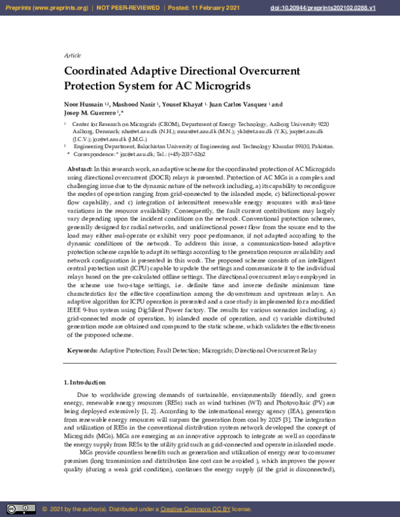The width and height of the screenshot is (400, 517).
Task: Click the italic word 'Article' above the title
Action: tap(72, 55)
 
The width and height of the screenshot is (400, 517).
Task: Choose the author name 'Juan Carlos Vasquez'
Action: tap(239, 105)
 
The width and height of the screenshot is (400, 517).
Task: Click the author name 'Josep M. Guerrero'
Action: tap(91, 113)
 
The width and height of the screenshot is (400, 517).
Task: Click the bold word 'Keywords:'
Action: tap(83, 350)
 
